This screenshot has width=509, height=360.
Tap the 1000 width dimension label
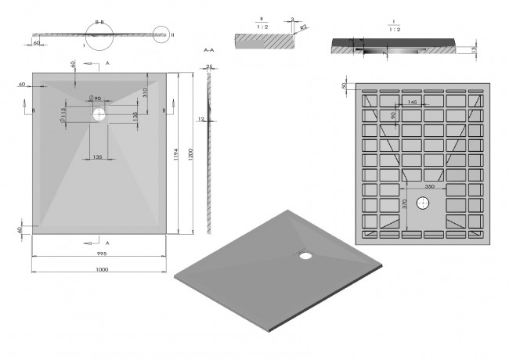click(101, 269)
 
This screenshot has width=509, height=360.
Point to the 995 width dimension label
click(101, 255)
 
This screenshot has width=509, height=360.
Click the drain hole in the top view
click(99, 114)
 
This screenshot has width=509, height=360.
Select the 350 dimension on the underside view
click(430, 188)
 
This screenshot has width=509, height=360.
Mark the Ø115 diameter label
click(62, 116)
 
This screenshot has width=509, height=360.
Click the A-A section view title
click(208, 49)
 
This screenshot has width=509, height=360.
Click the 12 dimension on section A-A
click(200, 118)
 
